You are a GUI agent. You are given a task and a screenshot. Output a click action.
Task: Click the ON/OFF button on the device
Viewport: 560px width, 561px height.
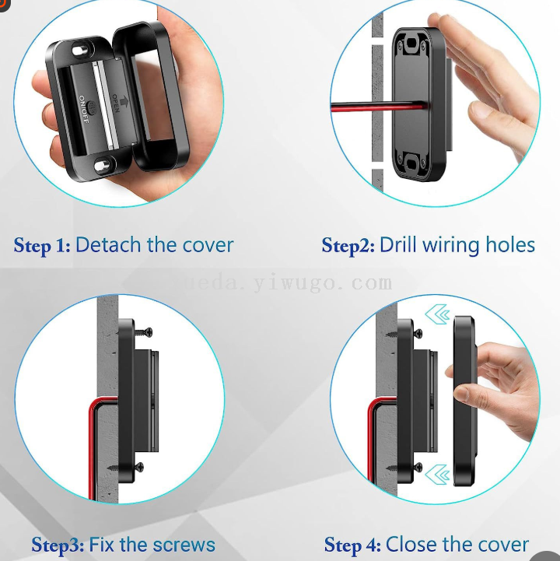click(93, 107)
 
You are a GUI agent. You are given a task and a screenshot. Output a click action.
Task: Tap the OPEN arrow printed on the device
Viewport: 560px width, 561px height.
click(124, 101)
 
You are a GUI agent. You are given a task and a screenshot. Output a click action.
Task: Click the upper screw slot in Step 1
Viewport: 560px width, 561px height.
click(80, 51)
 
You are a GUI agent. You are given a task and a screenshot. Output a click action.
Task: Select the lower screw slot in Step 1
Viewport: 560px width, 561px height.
click(103, 165)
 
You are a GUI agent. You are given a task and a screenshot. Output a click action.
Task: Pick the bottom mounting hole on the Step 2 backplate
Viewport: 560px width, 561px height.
click(411, 165)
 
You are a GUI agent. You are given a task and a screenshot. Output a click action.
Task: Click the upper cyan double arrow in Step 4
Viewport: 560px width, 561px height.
click(437, 314)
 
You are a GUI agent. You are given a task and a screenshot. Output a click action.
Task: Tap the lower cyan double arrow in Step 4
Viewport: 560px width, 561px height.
click(437, 475)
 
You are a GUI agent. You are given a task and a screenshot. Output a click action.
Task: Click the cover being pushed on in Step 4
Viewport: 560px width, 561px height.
click(465, 401)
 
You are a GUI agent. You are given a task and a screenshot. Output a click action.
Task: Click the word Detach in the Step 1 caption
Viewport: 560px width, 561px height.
click(108, 245)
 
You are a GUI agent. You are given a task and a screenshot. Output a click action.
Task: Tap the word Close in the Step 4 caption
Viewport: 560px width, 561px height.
click(411, 545)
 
